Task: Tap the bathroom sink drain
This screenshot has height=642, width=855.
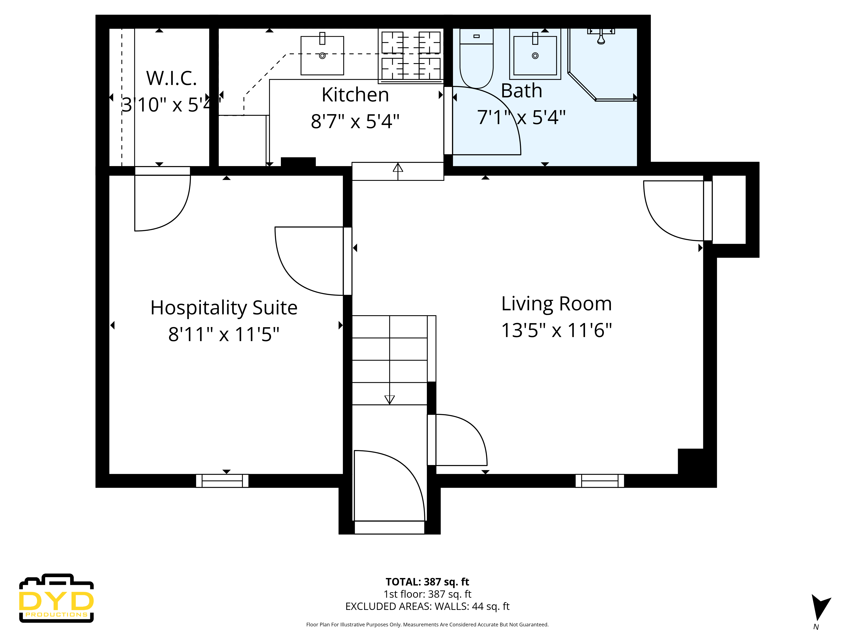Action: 535,56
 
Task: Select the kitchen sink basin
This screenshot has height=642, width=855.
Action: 322,58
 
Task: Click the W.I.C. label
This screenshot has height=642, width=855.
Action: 171,79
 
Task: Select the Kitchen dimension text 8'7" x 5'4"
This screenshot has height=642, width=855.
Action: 355,121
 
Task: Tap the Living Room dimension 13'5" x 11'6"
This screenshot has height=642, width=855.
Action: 556,330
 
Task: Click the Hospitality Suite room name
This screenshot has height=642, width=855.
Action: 224,308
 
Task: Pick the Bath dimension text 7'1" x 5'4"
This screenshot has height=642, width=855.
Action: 521,117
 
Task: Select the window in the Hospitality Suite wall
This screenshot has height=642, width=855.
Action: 222,481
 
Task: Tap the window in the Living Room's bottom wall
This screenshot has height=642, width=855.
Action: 600,481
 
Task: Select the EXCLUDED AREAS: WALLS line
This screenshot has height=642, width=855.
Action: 427,606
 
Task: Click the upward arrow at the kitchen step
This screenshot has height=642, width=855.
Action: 398,169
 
